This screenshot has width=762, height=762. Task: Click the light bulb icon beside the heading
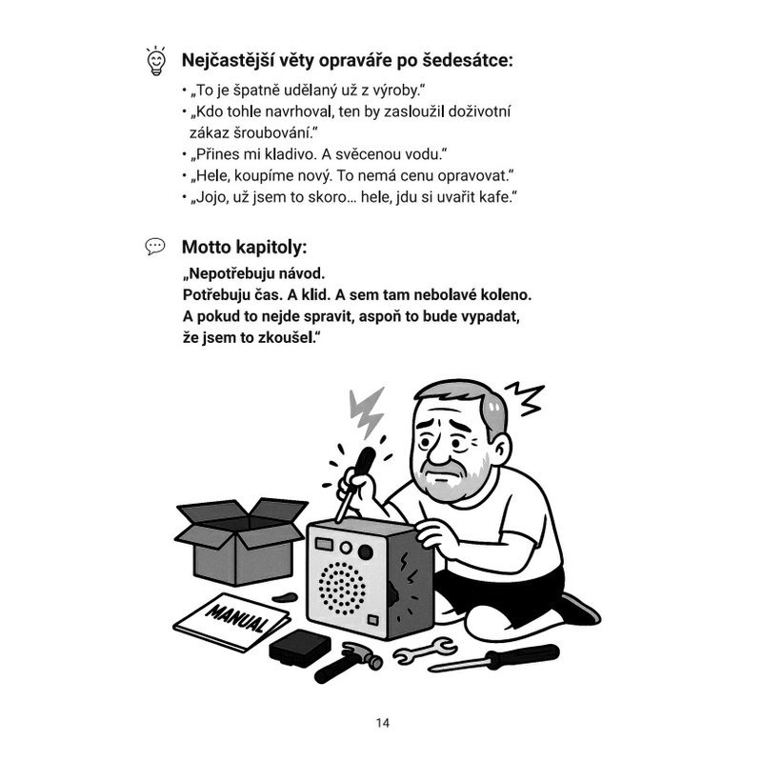156,61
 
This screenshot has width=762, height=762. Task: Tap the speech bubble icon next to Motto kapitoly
155,247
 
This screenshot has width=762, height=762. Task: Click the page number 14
383,723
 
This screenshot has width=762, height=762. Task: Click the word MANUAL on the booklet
237,617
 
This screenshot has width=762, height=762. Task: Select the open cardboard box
241,540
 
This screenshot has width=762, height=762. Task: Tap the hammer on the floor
348,661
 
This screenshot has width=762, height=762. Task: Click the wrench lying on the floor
424,651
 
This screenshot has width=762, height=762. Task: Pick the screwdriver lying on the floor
494,658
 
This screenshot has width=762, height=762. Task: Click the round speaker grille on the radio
342,588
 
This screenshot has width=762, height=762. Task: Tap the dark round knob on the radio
366,552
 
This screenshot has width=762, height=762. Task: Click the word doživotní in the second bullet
479,111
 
